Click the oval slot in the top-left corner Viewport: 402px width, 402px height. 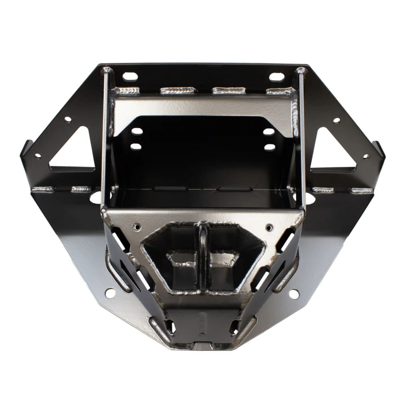[130, 76]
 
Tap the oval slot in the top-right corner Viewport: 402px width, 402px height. [277, 77]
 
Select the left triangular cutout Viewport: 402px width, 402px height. [75, 149]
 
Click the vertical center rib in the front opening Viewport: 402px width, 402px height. [203, 257]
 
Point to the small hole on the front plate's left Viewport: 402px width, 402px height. [137, 227]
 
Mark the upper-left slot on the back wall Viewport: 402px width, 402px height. [137, 131]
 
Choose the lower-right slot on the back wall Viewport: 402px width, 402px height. [269, 147]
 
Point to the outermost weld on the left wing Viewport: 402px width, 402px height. [42, 189]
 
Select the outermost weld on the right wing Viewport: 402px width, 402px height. [361, 191]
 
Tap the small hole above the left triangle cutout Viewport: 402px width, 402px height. [68, 119]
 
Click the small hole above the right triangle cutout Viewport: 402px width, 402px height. [336, 121]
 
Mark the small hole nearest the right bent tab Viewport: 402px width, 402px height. [366, 156]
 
